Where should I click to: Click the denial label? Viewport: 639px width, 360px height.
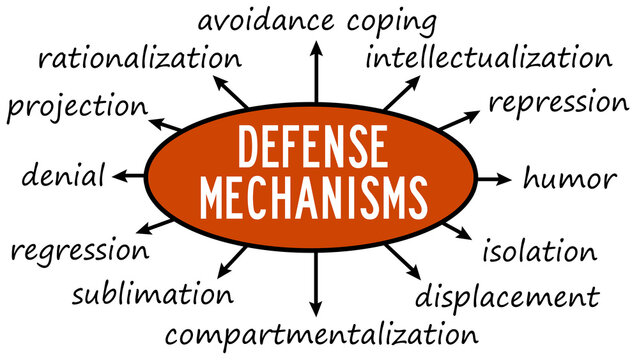click(63, 177)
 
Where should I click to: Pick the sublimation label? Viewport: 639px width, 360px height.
click(153, 294)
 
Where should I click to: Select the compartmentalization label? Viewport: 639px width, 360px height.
click(320, 332)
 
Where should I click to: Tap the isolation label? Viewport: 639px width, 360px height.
click(539, 251)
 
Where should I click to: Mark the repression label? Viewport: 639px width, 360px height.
click(558, 102)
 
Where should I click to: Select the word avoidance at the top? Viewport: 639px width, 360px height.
click(266, 20)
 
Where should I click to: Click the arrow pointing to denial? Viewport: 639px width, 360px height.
click(128, 177)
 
